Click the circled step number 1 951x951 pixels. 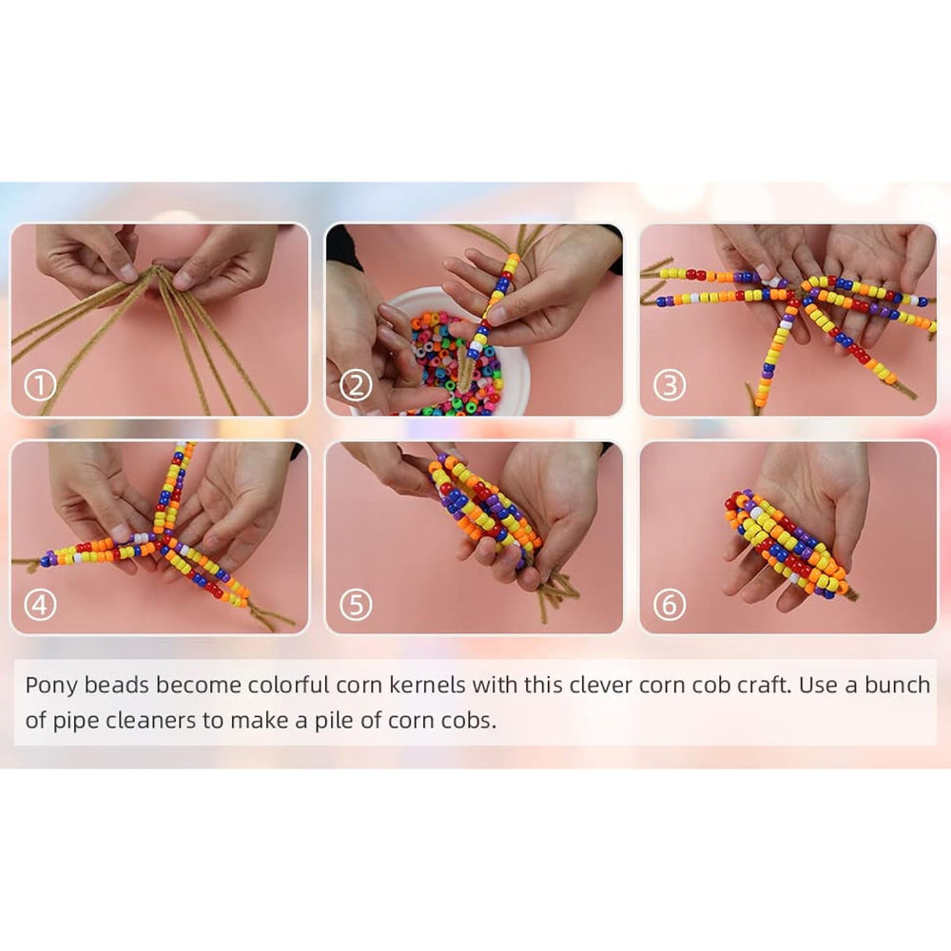pos(40,386)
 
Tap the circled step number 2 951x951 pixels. pos(356,386)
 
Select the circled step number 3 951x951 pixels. pos(670,386)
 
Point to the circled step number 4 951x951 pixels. pos(40,605)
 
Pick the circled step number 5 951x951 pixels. pos(356,605)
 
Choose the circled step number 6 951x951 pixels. pos(670,605)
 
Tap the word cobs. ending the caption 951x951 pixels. pos(470,721)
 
